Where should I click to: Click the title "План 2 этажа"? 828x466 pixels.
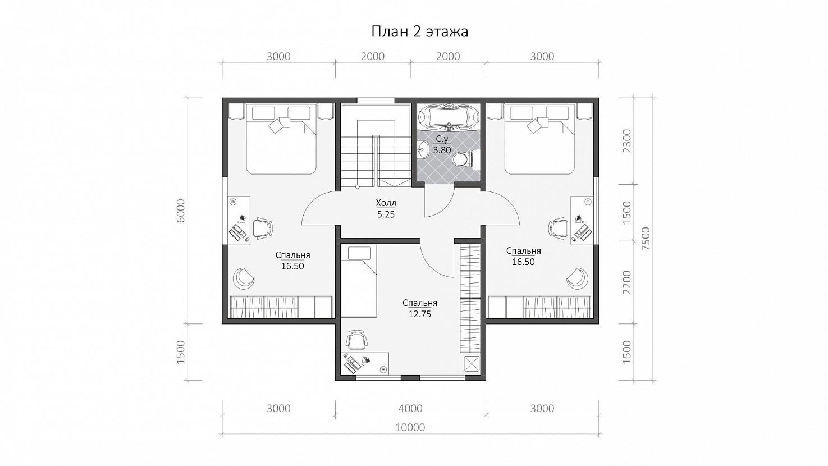click(419, 32)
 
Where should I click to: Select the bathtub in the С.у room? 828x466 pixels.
click(449, 117)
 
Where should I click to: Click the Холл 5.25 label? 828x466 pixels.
click(386, 209)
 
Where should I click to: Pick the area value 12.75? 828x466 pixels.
click(419, 314)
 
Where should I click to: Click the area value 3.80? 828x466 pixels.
click(442, 150)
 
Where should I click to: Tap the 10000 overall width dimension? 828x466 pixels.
click(410, 427)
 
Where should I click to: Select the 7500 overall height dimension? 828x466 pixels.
click(646, 239)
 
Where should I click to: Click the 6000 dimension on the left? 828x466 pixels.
click(180, 211)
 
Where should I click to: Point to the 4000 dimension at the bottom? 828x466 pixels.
click(411, 408)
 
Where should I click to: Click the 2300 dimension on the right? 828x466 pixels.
click(627, 141)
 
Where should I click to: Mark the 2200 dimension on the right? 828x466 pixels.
click(627, 282)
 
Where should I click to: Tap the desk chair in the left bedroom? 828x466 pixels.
click(263, 228)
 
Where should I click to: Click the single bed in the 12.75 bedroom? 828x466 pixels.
click(358, 281)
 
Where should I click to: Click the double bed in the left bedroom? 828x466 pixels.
click(281, 139)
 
